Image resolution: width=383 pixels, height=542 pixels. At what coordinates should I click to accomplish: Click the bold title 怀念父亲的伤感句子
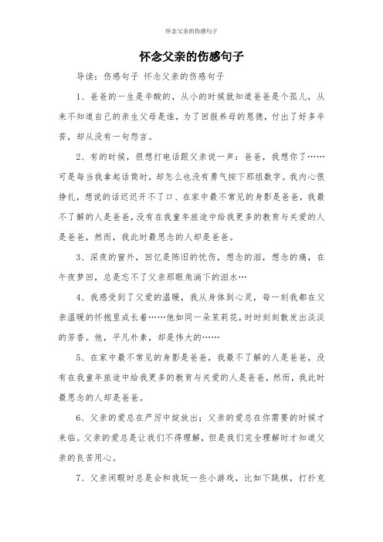(191, 57)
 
